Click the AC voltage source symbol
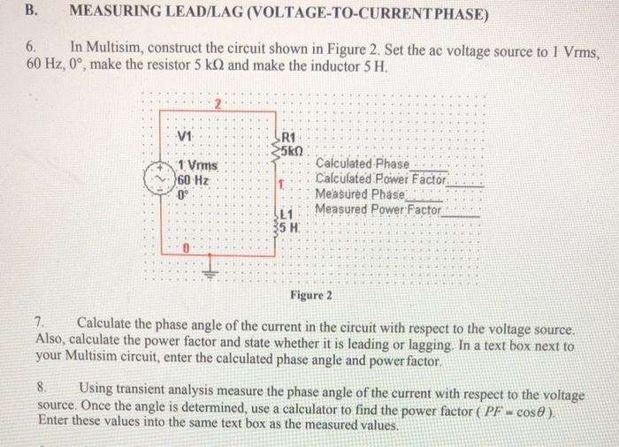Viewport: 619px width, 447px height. click(x=162, y=175)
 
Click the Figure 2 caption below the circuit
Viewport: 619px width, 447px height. click(x=310, y=294)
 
